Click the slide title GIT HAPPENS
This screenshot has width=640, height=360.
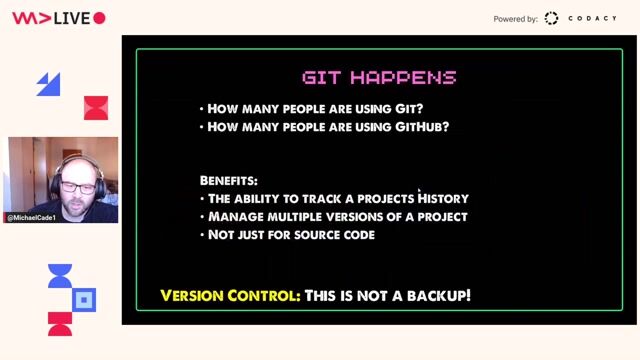point(379,77)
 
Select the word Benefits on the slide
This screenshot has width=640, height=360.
point(228,181)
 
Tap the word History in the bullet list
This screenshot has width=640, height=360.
point(443,199)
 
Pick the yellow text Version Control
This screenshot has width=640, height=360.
point(229,296)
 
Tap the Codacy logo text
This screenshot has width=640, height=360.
point(592,19)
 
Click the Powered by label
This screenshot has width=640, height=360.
point(515,19)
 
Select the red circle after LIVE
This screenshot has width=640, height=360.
point(99,18)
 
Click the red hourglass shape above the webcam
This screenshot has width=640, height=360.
point(96,108)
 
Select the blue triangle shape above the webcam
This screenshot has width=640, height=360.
point(49,85)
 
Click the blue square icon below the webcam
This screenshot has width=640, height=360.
point(85,299)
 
